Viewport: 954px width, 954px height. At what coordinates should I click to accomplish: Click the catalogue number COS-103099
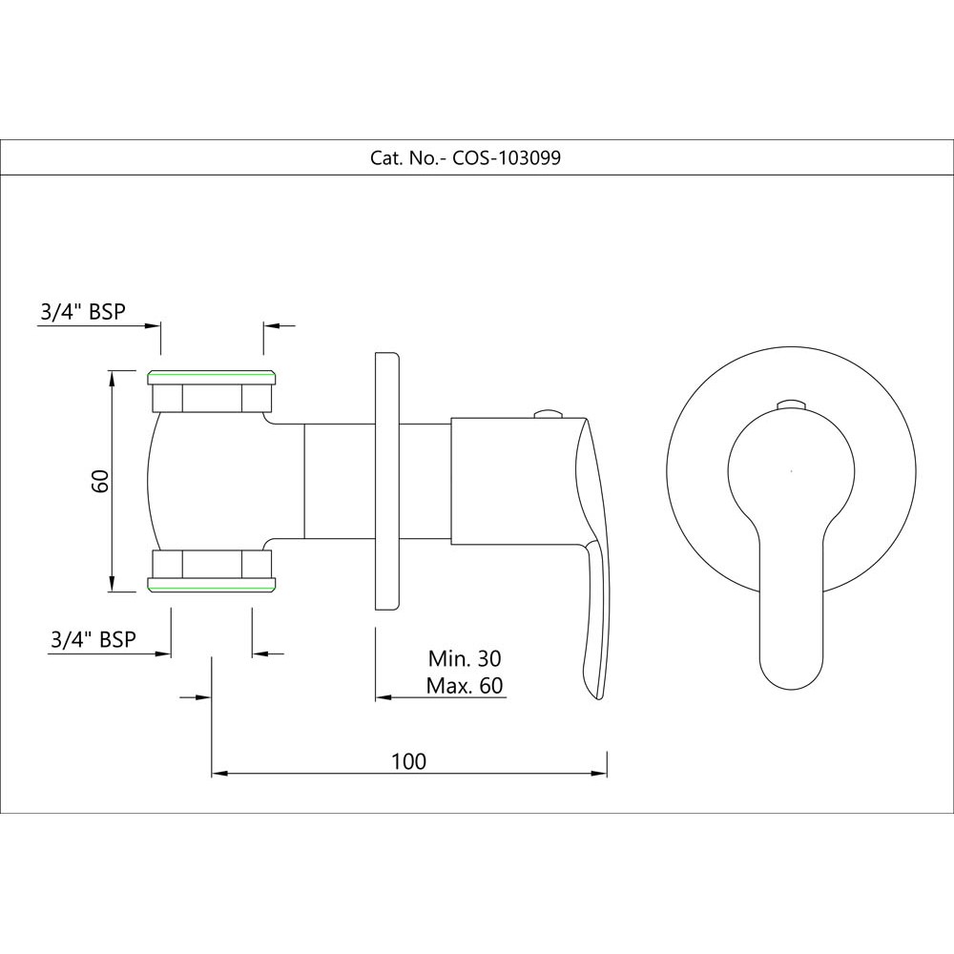click(x=507, y=159)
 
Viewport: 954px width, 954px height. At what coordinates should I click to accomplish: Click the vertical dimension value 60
click(x=100, y=481)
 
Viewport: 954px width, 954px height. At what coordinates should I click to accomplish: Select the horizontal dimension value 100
click(x=408, y=760)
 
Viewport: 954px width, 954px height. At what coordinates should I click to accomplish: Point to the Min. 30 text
click(x=465, y=658)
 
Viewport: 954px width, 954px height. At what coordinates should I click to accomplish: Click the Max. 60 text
click(x=465, y=685)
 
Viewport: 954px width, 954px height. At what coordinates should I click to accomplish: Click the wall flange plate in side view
click(x=386, y=481)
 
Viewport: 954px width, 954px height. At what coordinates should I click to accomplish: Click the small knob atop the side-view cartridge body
click(x=549, y=413)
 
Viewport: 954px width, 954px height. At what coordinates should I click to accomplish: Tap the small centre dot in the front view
click(x=791, y=470)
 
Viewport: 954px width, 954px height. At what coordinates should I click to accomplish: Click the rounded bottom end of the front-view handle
click(x=790, y=673)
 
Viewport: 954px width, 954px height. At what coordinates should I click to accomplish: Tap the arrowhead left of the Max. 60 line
click(x=382, y=697)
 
